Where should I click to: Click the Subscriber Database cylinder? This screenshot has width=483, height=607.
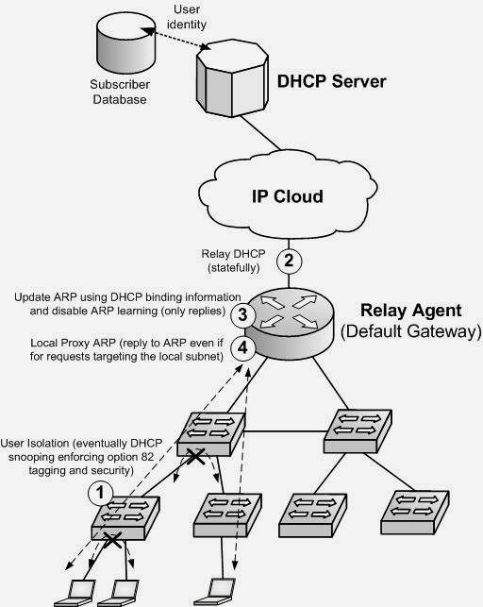(x=125, y=42)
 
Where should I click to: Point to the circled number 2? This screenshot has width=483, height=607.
(x=289, y=261)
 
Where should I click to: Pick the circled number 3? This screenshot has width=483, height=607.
(x=242, y=314)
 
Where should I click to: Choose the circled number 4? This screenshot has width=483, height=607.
(x=242, y=348)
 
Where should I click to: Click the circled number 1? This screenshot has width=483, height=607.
(x=100, y=493)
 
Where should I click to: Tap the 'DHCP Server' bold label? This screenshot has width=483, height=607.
(x=331, y=81)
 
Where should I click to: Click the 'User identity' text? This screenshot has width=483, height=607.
(x=187, y=17)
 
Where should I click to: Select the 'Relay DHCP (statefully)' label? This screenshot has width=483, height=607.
(x=234, y=261)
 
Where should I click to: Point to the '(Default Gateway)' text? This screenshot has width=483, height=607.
(x=411, y=331)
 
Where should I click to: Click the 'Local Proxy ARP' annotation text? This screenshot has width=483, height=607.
(x=126, y=349)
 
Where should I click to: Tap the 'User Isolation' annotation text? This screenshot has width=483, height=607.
(x=81, y=457)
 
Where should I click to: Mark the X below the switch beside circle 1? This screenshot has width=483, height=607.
(x=113, y=540)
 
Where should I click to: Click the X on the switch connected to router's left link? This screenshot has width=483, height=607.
(x=196, y=456)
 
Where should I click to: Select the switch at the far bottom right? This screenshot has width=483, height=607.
(x=415, y=513)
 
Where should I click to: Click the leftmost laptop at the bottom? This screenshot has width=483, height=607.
(x=75, y=593)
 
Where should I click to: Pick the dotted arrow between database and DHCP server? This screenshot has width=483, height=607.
(x=176, y=39)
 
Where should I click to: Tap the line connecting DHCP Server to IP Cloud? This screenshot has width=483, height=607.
(x=259, y=133)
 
